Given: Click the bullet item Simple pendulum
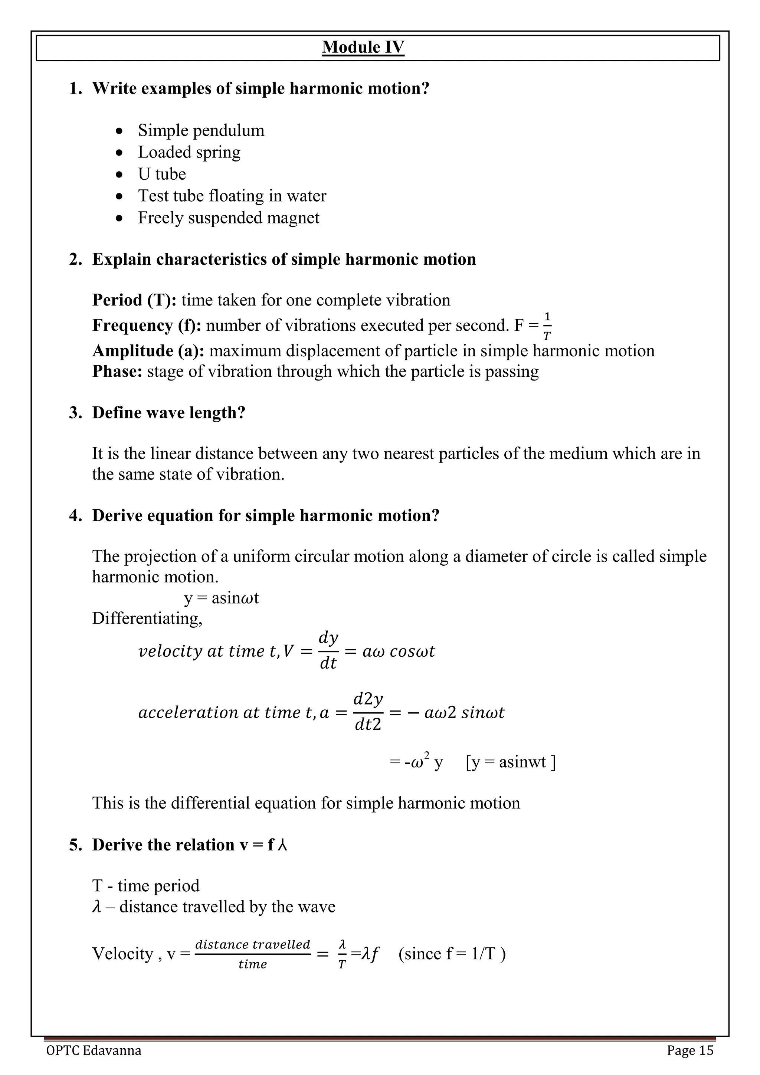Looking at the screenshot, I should point(201,130).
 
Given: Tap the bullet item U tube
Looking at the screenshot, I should point(162,174).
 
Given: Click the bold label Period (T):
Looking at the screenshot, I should point(134,300).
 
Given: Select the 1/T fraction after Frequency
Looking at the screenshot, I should point(547,326).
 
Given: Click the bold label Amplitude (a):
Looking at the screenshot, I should point(148,351).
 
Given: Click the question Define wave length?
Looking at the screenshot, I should point(168,412).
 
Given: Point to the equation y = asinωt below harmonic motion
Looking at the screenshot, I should point(221,598).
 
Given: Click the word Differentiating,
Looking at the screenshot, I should point(147,618).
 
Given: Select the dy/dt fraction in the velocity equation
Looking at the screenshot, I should point(328,651).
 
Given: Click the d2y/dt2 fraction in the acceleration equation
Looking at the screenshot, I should point(368,712).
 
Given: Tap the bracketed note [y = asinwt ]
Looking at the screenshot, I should point(511,762).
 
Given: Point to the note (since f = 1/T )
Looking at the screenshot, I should point(452,954).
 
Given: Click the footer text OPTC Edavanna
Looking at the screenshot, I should point(94,1051).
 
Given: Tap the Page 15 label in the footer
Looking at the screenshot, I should point(690,1051).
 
